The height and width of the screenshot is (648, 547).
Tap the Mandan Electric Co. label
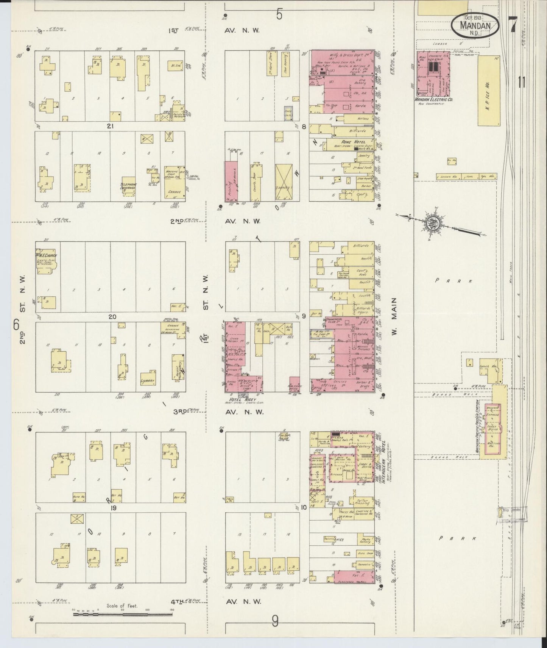point(433,100)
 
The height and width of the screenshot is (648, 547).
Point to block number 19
point(113,508)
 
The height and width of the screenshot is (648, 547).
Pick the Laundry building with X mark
point(284,182)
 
